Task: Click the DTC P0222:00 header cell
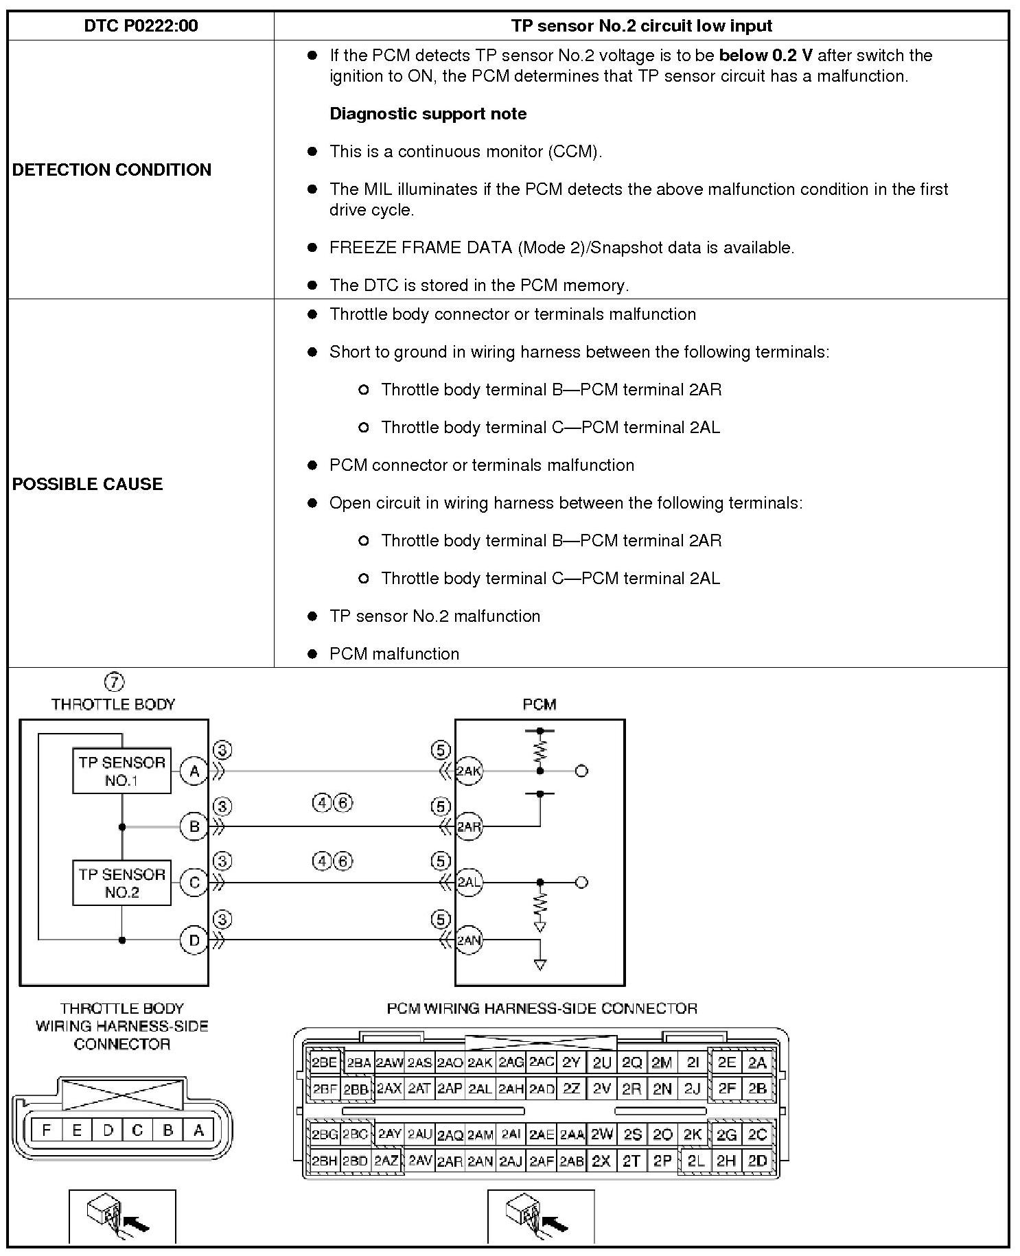click(x=141, y=26)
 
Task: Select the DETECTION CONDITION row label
click(x=112, y=170)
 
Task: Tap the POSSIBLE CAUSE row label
click(x=88, y=484)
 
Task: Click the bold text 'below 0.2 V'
click(x=765, y=55)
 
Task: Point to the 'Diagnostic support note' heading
click(x=428, y=114)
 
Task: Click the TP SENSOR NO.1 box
click(x=121, y=771)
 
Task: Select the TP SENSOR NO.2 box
click(x=121, y=883)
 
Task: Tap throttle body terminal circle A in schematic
click(x=194, y=771)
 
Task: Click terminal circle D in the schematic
click(x=194, y=940)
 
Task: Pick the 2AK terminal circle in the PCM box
click(x=469, y=771)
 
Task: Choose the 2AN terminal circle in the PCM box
click(x=469, y=940)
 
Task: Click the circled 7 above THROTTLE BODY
click(x=114, y=682)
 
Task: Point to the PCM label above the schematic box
click(x=539, y=704)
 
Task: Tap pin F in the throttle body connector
click(x=47, y=1130)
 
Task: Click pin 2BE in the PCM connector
click(x=325, y=1063)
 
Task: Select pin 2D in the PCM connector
click(x=757, y=1161)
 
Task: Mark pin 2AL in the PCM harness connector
click(x=480, y=1089)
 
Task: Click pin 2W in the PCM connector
click(x=602, y=1135)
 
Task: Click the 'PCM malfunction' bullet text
click(x=394, y=654)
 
